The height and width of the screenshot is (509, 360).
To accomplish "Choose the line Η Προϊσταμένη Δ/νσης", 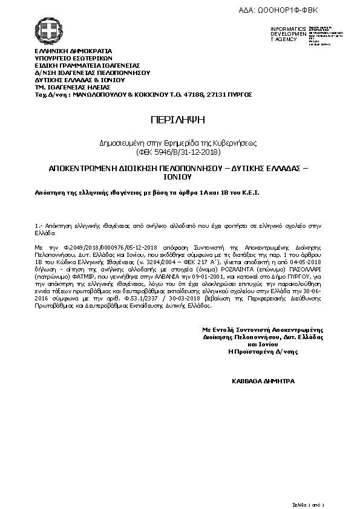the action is (x=264, y=351).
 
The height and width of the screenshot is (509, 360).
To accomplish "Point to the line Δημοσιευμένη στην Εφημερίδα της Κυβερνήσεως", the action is (x=178, y=143).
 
